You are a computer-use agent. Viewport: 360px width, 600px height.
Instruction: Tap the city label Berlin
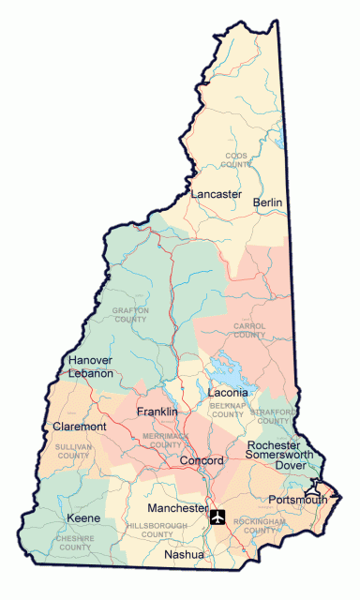click(x=268, y=202)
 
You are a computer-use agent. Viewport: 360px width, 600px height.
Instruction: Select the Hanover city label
click(x=91, y=360)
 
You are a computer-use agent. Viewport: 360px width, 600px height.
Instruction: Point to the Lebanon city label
click(x=91, y=373)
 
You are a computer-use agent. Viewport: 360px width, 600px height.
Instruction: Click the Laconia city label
click(x=227, y=392)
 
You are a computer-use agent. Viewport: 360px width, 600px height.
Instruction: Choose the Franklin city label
click(x=157, y=412)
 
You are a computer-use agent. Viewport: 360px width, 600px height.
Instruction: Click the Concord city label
click(x=201, y=461)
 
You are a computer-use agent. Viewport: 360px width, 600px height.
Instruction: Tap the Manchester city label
click(x=177, y=507)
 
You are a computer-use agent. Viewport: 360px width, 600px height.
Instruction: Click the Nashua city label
click(x=183, y=555)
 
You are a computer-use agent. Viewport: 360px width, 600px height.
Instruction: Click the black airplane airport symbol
click(x=219, y=516)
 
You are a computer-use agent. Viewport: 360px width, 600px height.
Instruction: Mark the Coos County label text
click(x=236, y=159)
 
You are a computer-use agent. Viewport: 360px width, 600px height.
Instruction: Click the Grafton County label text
click(x=131, y=314)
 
